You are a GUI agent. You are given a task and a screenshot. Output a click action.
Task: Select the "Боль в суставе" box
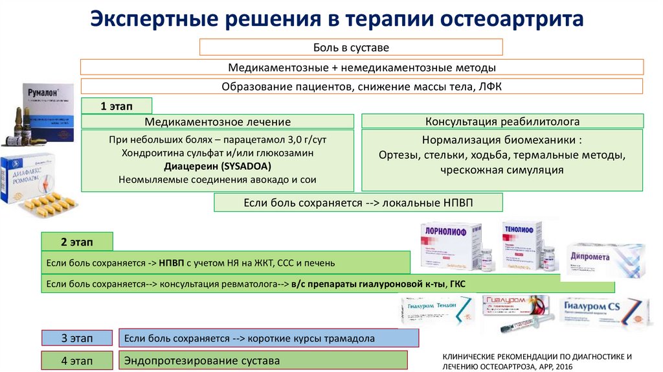tap(350, 47)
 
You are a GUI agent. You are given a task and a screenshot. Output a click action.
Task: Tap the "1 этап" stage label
tap(117, 106)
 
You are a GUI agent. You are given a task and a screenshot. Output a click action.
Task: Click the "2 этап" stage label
tap(77, 242)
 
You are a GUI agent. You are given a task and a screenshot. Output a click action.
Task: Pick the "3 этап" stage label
tap(77, 338)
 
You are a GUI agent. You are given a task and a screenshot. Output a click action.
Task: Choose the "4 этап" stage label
tap(77, 360)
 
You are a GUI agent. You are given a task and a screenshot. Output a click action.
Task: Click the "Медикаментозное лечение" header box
tap(218, 122)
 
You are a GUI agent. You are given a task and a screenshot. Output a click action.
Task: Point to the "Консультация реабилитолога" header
tap(502, 121)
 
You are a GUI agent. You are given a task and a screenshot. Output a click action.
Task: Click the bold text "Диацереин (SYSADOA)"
tap(218, 167)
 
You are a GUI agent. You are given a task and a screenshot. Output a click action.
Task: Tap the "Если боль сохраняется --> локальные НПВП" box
tap(358, 203)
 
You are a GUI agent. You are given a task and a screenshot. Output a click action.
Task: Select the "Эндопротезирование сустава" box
tap(264, 360)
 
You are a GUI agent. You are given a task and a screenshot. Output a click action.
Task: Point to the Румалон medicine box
tap(45, 107)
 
